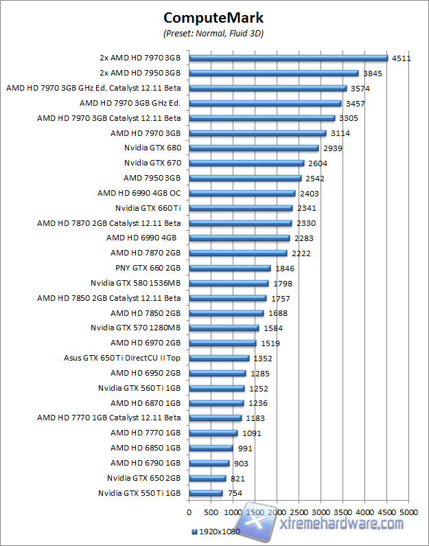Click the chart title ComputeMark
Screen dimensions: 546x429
pyautogui.click(x=214, y=17)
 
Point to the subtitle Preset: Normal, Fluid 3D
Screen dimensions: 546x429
pyautogui.click(x=214, y=32)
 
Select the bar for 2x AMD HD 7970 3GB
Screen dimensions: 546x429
pyautogui.click(x=288, y=58)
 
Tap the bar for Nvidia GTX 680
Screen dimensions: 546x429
pyautogui.click(x=254, y=148)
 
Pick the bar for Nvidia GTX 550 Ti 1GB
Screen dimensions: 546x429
pyautogui.click(x=206, y=492)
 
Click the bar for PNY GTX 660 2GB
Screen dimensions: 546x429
pyautogui.click(x=230, y=268)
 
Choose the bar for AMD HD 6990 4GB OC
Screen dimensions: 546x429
pyautogui.click(x=242, y=193)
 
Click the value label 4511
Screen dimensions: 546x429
pyautogui.click(x=402, y=58)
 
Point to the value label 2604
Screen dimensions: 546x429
pyautogui.click(x=318, y=163)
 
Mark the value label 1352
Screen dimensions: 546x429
pyautogui.click(x=263, y=358)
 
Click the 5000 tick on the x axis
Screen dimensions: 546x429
pyautogui.click(x=409, y=512)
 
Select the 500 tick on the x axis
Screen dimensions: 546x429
pyautogui.click(x=211, y=512)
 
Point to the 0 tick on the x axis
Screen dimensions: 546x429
pyautogui.click(x=189, y=512)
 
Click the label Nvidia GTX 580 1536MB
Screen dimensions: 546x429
pyautogui.click(x=135, y=283)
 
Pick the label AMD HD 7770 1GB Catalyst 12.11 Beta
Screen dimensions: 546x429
pyautogui.click(x=108, y=418)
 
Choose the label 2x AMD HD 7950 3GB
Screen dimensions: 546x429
pyautogui.click(x=140, y=73)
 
